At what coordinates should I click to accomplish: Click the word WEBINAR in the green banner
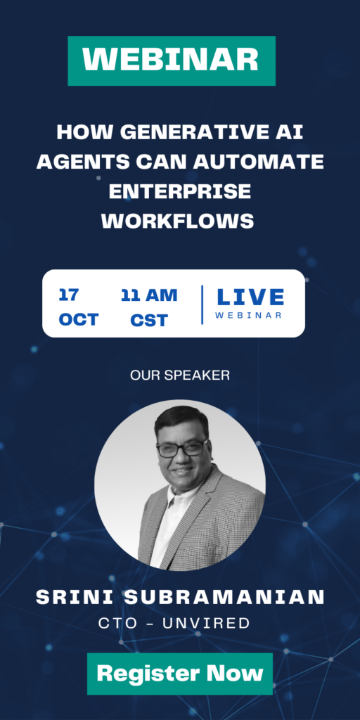(x=171, y=60)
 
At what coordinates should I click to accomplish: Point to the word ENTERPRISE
(x=180, y=191)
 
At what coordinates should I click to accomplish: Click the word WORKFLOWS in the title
(x=178, y=221)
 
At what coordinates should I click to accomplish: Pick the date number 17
(x=69, y=295)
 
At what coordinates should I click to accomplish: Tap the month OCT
(x=79, y=320)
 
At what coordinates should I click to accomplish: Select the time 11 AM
(x=149, y=295)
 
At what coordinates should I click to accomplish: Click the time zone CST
(x=149, y=320)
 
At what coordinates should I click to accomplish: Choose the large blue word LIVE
(x=250, y=297)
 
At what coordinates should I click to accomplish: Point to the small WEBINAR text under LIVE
(x=248, y=316)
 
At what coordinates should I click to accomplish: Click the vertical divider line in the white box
(x=202, y=305)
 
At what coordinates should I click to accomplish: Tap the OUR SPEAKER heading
(x=180, y=375)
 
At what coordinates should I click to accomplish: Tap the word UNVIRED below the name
(x=206, y=623)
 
